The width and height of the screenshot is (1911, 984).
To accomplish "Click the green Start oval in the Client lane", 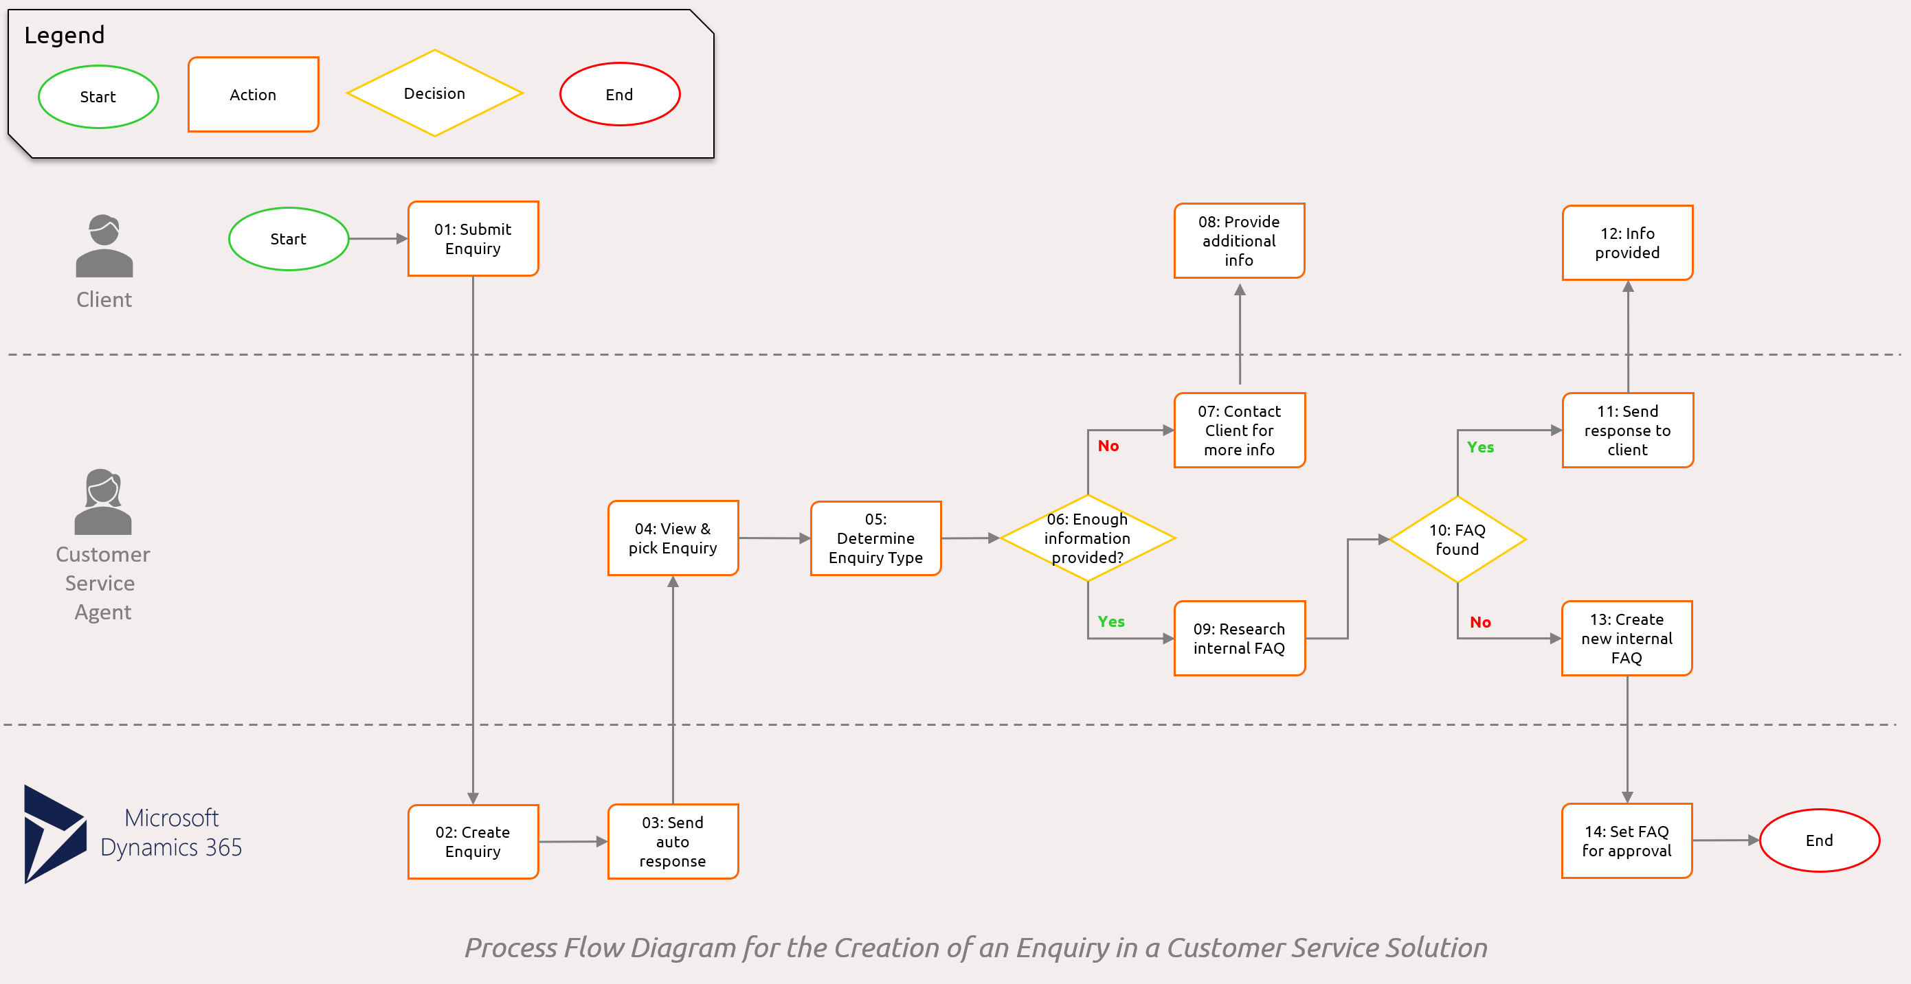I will click(288, 239).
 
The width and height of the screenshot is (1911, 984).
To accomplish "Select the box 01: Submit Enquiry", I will click(473, 239).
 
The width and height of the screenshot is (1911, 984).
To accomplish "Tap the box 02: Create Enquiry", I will click(473, 842).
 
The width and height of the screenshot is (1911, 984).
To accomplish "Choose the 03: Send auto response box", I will click(672, 842).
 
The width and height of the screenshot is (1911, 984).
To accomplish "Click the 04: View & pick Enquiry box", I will click(672, 538).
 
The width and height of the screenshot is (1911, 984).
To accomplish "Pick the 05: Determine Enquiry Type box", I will click(875, 538).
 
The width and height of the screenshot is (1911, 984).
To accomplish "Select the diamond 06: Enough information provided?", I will click(1088, 538).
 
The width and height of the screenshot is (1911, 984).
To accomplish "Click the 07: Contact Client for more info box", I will click(1239, 430).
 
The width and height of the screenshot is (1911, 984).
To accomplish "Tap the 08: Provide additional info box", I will click(1239, 241).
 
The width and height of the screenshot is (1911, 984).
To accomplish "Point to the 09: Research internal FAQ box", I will click(1239, 639).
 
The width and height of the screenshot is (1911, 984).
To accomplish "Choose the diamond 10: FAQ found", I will click(1457, 540).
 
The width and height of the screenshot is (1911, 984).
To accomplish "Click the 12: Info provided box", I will click(1627, 243).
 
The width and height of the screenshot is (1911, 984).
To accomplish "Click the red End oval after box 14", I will click(1819, 840).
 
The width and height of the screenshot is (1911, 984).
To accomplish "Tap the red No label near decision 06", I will click(1108, 446).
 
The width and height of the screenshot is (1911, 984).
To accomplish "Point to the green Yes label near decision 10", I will click(1480, 447).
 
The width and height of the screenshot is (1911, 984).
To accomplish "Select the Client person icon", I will click(104, 247).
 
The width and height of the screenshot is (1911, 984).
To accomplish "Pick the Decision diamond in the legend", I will click(435, 93).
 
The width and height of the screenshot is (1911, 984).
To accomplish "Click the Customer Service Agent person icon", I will click(102, 501).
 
